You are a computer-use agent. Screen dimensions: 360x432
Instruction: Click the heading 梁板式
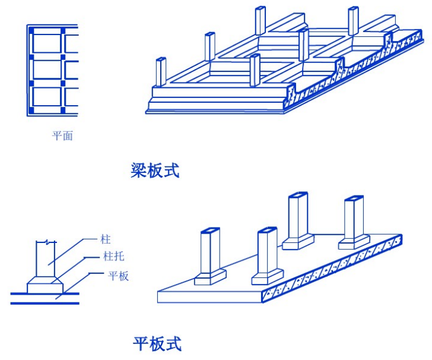(155, 171)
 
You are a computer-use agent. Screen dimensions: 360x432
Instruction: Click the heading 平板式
(157, 343)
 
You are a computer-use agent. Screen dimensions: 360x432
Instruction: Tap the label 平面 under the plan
(62, 136)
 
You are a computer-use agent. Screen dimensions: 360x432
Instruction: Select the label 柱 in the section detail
(106, 239)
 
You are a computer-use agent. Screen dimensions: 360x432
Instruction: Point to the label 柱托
(113, 258)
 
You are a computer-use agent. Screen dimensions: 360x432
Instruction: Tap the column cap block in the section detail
(45, 285)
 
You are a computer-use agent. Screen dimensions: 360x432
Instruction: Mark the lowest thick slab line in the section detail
(45, 303)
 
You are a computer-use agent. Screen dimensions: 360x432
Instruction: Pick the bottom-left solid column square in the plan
(30, 110)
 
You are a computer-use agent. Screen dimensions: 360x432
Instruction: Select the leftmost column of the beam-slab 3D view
(159, 72)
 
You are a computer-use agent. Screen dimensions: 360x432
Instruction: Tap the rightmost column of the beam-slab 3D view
(353, 21)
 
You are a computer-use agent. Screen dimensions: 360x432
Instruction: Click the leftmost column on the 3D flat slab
(211, 252)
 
